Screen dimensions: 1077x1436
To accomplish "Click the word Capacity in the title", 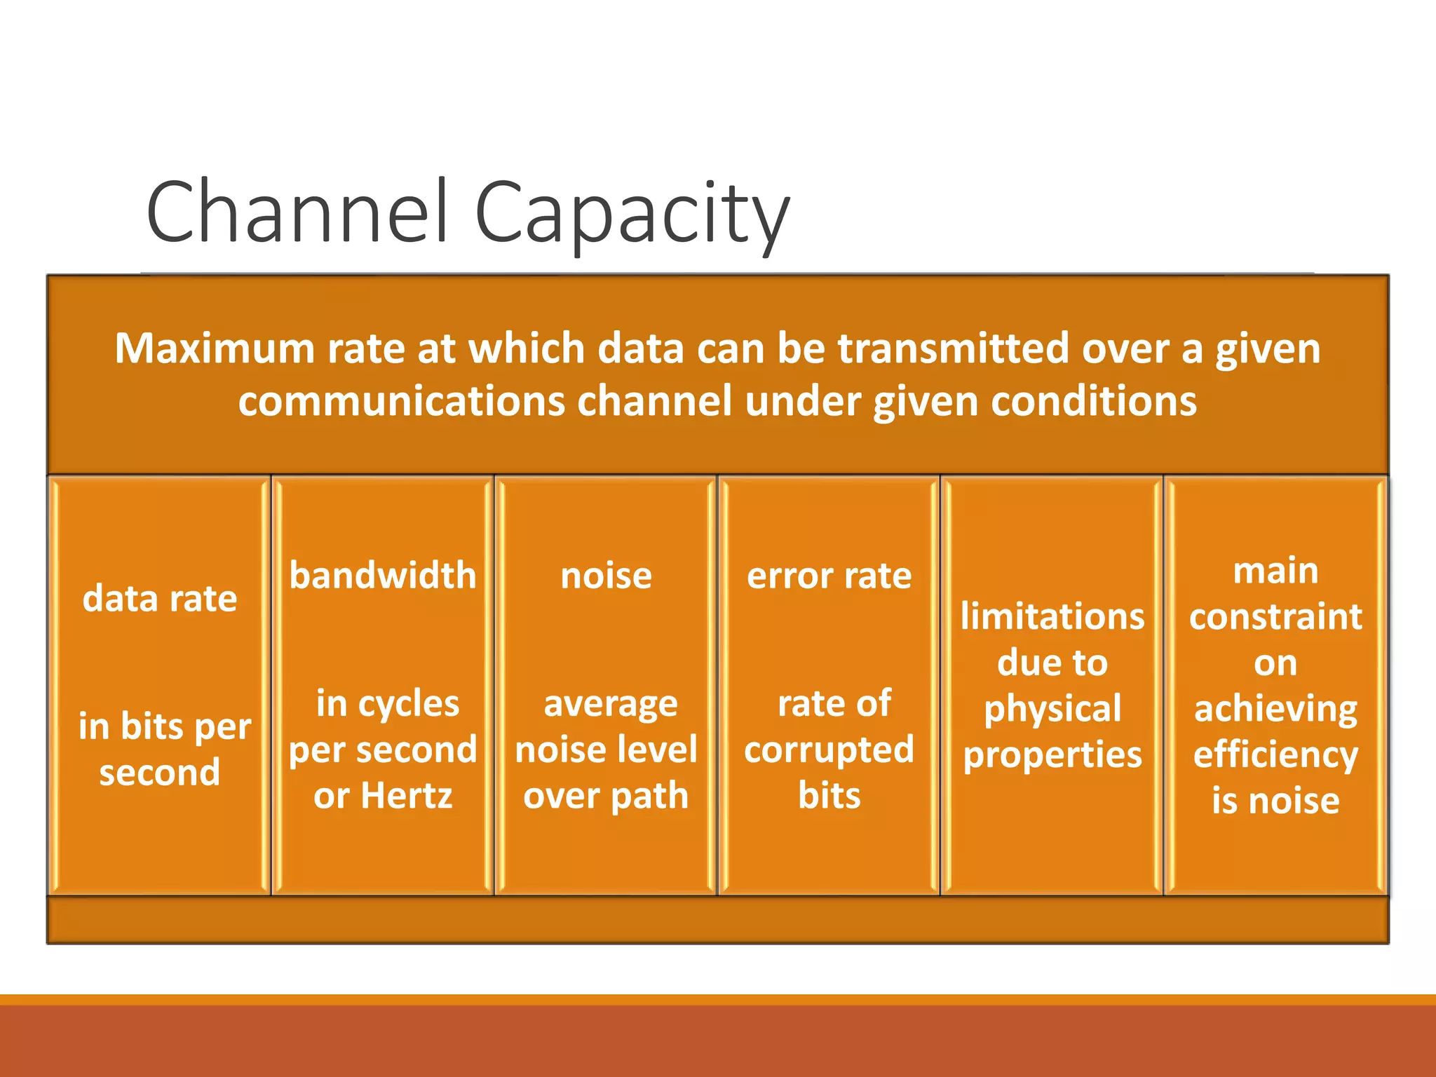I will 632,214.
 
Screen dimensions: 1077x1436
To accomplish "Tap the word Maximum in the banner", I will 214,348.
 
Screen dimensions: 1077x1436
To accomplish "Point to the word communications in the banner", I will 401,401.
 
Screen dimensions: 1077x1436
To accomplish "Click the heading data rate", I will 160,599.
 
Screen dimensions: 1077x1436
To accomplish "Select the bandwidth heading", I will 383,576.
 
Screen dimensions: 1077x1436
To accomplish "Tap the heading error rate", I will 829,576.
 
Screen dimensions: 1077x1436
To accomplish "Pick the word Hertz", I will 407,796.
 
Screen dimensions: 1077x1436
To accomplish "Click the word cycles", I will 409,703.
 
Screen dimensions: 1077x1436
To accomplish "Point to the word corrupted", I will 829,750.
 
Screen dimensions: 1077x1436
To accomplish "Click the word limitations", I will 1052,616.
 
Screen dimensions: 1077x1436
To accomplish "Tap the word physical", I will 1052,709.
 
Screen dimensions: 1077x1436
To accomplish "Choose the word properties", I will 1052,755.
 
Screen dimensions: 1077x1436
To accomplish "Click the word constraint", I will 1275,616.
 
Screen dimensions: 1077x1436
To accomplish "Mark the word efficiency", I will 1275,755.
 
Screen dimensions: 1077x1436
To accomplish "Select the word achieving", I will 1275,709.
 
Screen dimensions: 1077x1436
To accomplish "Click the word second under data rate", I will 160,772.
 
